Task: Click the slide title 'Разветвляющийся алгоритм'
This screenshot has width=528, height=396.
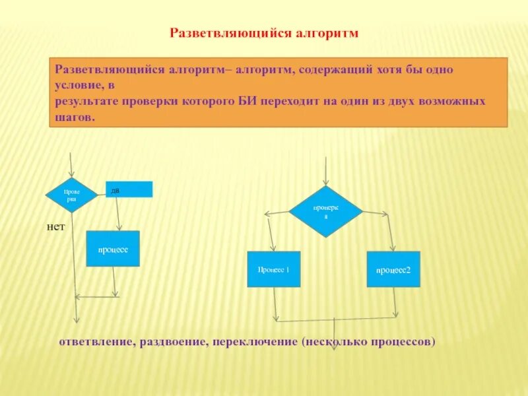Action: [263, 32]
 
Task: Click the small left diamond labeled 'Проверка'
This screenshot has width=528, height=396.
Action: [71, 195]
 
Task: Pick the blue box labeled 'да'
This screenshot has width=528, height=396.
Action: [129, 189]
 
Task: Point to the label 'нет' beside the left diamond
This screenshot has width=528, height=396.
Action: [55, 226]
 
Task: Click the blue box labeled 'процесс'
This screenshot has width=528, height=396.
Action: [113, 249]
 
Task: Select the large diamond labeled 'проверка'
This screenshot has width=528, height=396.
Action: [326, 212]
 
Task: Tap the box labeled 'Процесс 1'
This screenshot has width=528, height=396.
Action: [273, 269]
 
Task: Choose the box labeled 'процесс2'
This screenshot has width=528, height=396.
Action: [393, 269]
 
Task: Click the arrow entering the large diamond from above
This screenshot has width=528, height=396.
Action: [326, 172]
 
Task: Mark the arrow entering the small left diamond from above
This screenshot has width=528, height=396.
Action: [71, 165]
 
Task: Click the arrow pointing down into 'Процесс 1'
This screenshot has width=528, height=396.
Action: [271, 234]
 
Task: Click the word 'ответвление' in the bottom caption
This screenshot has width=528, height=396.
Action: [96, 343]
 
